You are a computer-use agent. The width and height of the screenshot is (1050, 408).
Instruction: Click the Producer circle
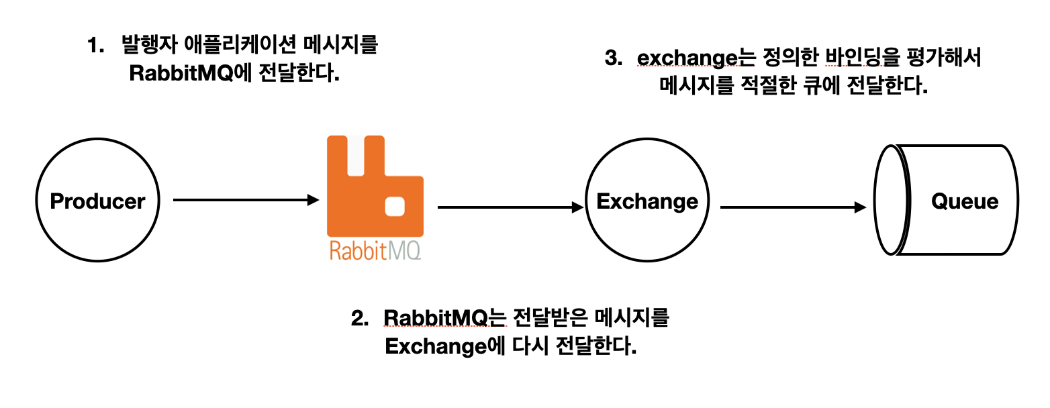click(98, 201)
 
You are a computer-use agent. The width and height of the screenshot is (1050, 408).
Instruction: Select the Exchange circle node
click(647, 201)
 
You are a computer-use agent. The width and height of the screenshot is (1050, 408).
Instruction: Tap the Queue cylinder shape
click(947, 201)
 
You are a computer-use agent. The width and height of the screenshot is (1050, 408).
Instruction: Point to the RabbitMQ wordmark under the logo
click(375, 251)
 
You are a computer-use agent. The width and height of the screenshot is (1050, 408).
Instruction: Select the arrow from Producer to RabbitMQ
click(245, 200)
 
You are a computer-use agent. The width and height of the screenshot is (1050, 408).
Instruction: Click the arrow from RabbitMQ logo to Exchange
click(510, 208)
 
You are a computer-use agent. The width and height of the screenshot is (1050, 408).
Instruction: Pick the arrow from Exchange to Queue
click(793, 208)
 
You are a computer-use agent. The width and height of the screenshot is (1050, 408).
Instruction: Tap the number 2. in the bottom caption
click(361, 318)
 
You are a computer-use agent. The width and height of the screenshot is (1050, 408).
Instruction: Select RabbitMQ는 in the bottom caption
click(443, 318)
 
